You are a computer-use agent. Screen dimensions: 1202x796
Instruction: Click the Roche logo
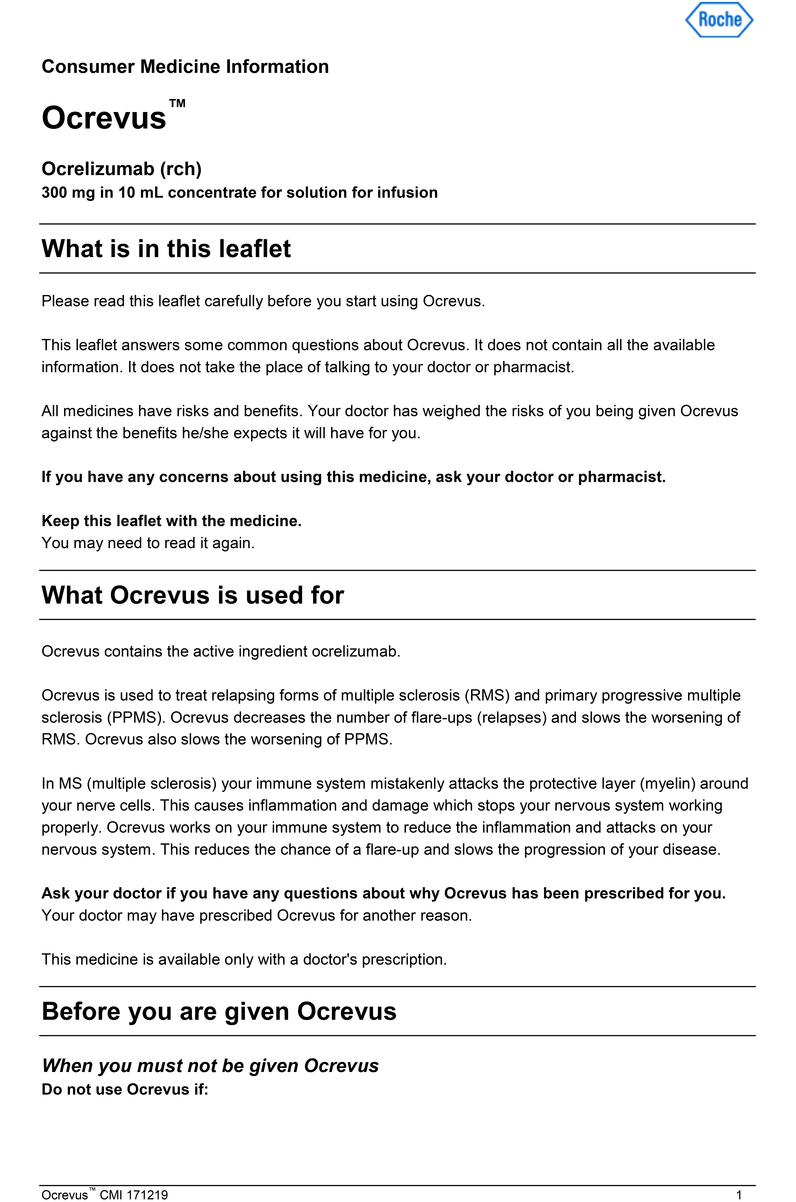coord(719,20)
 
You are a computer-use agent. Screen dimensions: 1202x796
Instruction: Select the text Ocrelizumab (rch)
coord(121,168)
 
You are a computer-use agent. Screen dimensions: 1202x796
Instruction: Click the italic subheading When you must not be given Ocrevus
coord(210,1065)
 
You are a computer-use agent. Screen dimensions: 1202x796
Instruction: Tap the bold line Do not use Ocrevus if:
coord(125,1089)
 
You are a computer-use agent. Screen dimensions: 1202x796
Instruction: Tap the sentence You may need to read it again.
coord(148,543)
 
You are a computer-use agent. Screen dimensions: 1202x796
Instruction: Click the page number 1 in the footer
coord(739,1195)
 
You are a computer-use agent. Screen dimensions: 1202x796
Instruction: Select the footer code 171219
coord(147,1195)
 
